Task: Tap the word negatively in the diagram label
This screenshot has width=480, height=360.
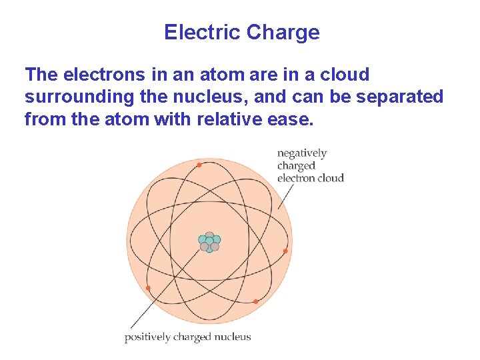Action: click(x=302, y=153)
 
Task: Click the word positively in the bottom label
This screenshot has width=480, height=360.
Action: click(x=147, y=337)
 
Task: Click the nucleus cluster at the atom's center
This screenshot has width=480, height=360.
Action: click(x=209, y=243)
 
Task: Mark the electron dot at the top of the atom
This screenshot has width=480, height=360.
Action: click(x=199, y=164)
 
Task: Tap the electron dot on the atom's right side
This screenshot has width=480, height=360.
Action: click(x=285, y=251)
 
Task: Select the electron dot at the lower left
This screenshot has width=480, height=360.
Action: click(x=148, y=288)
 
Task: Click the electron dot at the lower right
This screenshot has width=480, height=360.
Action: click(x=255, y=301)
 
